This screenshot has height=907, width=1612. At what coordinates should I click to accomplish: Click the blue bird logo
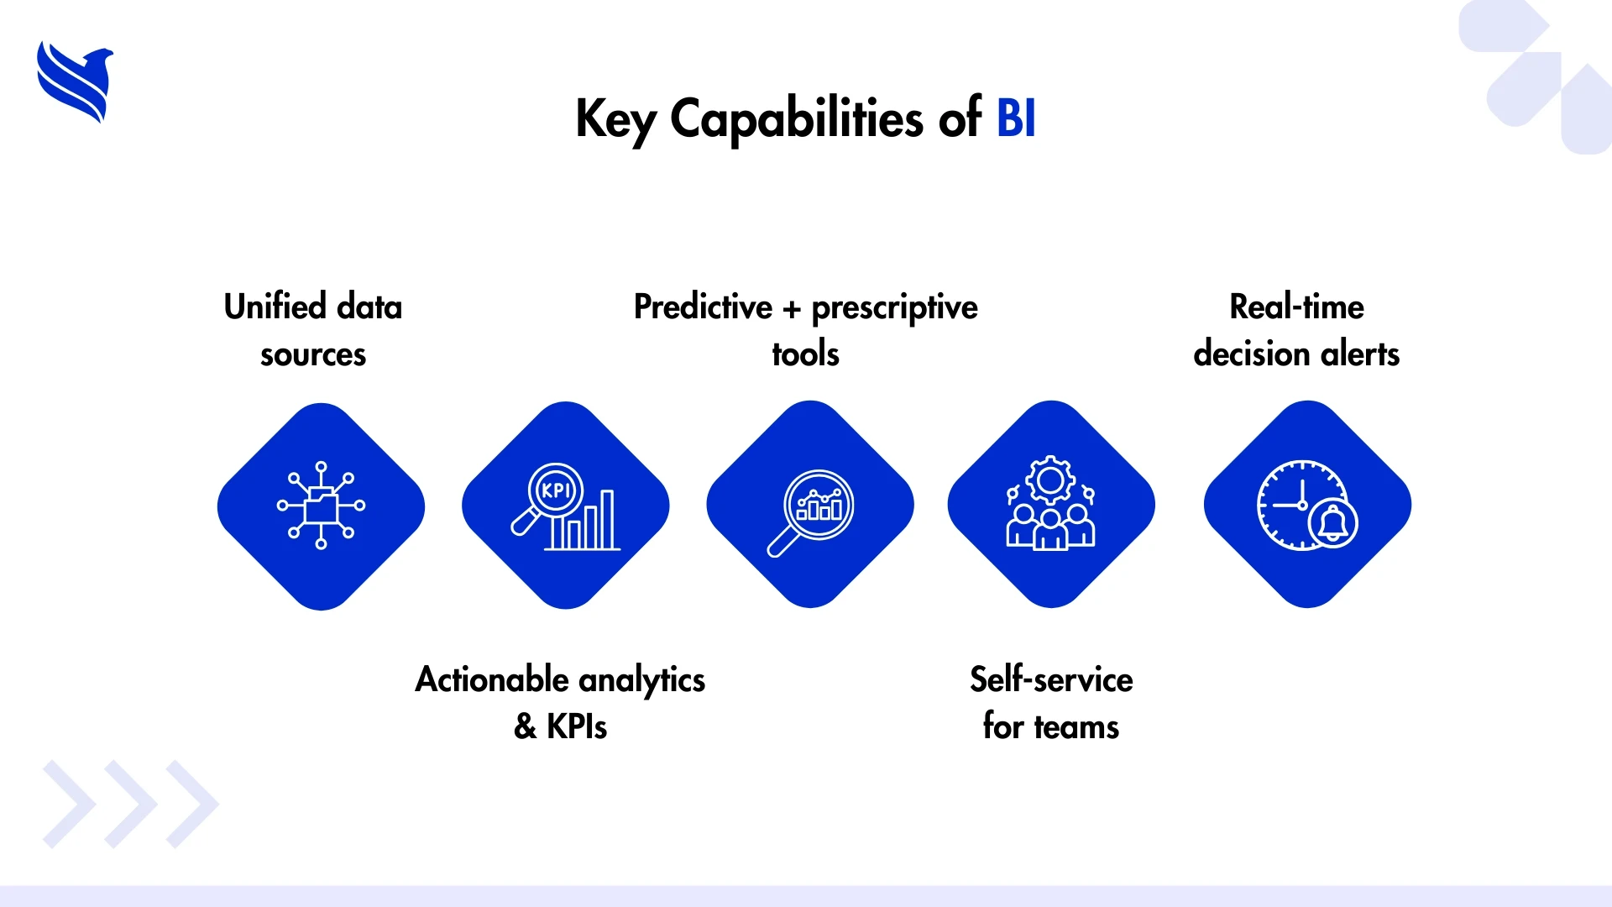point(75,81)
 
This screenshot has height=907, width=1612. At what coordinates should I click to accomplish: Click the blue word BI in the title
point(1016,118)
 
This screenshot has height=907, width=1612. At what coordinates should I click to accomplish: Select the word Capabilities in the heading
point(797,119)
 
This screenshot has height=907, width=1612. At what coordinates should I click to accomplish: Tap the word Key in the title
point(615,121)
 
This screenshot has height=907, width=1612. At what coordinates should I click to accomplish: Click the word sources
point(313,354)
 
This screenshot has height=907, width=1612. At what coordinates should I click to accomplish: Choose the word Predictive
point(703,307)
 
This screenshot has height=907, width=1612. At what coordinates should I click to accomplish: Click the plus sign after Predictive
point(792,310)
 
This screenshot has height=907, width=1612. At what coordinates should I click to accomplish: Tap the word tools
point(806,354)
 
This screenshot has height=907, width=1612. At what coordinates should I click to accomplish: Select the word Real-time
point(1296,307)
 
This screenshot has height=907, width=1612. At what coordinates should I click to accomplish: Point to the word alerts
point(1360,354)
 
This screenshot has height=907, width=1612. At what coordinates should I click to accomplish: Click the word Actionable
point(492,679)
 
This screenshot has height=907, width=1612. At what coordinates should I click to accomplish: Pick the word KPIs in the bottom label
point(577,726)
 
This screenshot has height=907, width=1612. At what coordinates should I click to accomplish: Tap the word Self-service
point(1051,679)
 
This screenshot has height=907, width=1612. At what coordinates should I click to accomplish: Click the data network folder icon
point(321,505)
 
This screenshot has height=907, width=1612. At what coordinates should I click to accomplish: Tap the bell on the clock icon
point(1333,523)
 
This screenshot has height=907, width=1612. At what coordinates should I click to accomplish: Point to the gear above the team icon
point(1050,480)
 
